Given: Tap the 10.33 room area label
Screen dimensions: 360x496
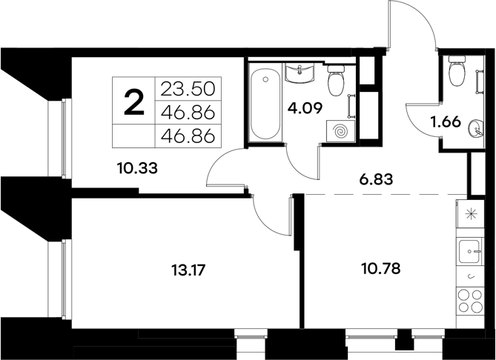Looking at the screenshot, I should click(139, 167).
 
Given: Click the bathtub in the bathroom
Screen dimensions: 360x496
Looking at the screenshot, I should click(263, 104).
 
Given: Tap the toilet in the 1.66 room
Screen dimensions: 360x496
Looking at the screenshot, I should click(455, 73).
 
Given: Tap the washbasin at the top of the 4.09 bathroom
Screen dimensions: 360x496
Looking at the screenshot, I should click(300, 73).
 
